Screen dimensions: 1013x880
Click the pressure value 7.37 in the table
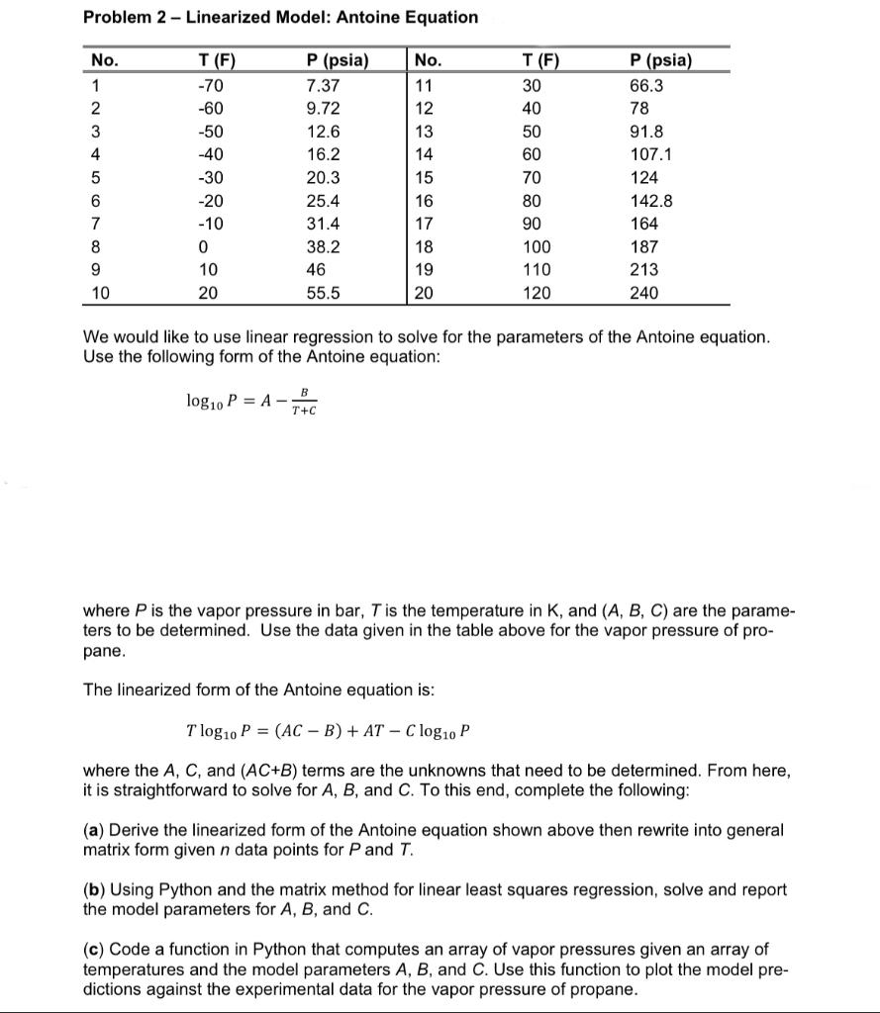(324, 85)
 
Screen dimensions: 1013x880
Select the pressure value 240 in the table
(644, 293)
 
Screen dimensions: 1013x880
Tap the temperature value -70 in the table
(213, 85)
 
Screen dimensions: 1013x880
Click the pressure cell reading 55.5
(324, 293)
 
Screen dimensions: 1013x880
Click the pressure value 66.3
(646, 85)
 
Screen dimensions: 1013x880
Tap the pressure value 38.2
(324, 247)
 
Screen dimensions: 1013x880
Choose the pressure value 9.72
(324, 108)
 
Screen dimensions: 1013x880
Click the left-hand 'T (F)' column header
(217, 60)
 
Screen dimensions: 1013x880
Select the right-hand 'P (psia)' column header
(660, 60)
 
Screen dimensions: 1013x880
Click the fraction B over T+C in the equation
(304, 402)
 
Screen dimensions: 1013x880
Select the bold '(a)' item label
(94, 830)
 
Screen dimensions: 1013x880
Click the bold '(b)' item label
(94, 889)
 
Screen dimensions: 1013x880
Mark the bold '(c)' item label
(94, 950)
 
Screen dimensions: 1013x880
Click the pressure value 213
(644, 270)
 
